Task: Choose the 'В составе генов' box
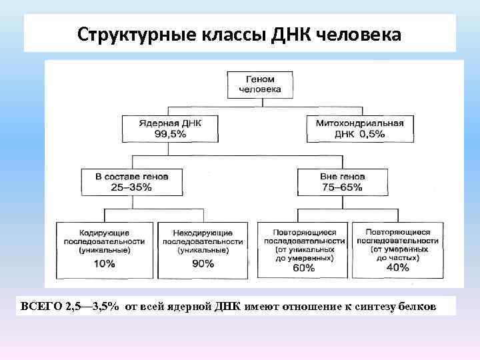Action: click(131, 181)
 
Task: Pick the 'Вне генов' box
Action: click(341, 181)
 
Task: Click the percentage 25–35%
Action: click(132, 187)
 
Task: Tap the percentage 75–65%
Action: click(341, 187)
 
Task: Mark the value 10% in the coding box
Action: click(105, 264)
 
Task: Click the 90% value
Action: click(203, 264)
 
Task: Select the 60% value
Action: click(303, 268)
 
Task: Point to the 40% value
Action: click(397, 268)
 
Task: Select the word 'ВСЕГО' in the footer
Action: click(42, 306)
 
